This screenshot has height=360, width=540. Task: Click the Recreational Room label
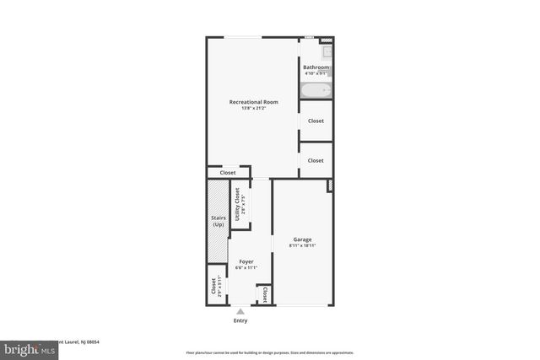click(253, 102)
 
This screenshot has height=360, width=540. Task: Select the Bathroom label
click(316, 67)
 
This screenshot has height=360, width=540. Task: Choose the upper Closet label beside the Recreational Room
click(316, 121)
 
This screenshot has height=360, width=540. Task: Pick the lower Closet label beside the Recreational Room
click(316, 160)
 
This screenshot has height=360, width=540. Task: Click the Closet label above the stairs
click(228, 173)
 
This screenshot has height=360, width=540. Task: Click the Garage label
click(302, 239)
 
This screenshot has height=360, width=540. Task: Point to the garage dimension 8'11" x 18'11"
click(302, 246)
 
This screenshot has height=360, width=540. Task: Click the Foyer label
click(246, 262)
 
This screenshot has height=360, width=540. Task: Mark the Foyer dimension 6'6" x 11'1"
click(246, 268)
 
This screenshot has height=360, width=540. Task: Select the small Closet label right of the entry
click(264, 294)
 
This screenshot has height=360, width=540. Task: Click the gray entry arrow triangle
click(240, 310)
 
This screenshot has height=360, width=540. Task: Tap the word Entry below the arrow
click(240, 320)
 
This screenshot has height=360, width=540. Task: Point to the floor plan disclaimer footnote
click(270, 352)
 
